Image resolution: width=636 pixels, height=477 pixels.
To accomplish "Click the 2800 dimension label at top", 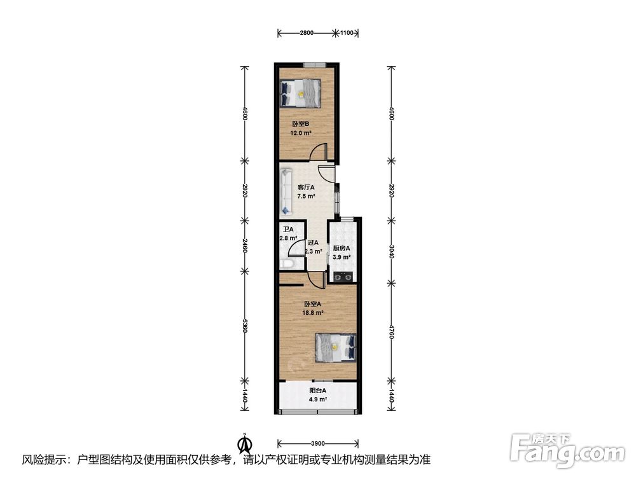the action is point(307,33).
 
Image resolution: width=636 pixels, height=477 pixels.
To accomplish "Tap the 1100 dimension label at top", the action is point(347,33).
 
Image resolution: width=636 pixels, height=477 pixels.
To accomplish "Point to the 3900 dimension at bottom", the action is point(317,443).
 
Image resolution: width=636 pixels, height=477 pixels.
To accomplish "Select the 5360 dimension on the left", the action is point(244,325).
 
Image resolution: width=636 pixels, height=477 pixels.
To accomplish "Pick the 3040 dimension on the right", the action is point(391,251).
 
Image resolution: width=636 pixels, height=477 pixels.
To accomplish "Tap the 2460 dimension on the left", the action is point(244,245).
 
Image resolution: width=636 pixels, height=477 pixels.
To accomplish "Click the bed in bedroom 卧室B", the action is point(301,93).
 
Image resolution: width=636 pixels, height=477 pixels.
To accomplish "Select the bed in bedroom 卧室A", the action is point(336,347).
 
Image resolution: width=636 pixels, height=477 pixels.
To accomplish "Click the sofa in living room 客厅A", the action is point(286,191).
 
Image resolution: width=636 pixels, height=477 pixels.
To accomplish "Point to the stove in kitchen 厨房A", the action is point(343,277).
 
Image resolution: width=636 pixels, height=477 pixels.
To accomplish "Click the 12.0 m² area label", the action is point(301,133).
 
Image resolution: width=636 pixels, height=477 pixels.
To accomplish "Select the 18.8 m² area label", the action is point(312,313).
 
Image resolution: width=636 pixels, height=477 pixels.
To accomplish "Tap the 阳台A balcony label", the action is point(317,391).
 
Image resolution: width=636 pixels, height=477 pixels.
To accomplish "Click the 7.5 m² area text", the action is point(307,197).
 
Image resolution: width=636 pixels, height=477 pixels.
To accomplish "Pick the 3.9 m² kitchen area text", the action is point(342,257).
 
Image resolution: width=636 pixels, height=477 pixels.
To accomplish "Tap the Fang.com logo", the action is point(567,450).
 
